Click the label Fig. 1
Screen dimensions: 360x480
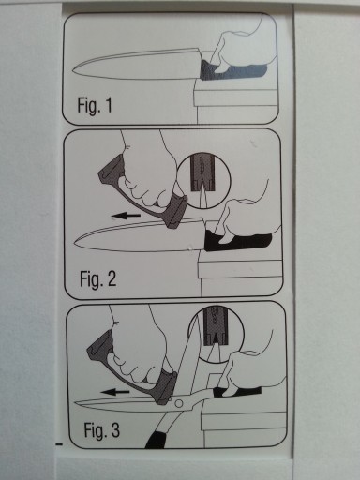[95, 106]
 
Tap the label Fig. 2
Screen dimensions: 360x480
[97, 278]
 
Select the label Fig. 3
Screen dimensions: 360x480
[102, 430]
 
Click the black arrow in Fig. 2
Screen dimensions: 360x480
[126, 216]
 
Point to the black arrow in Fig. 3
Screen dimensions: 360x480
[115, 392]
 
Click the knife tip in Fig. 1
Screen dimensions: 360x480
[73, 71]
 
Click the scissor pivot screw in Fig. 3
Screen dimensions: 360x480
[178, 403]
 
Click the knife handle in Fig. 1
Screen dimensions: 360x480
[232, 70]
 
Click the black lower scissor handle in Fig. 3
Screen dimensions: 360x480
[157, 439]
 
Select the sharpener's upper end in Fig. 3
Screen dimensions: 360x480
[96, 345]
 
